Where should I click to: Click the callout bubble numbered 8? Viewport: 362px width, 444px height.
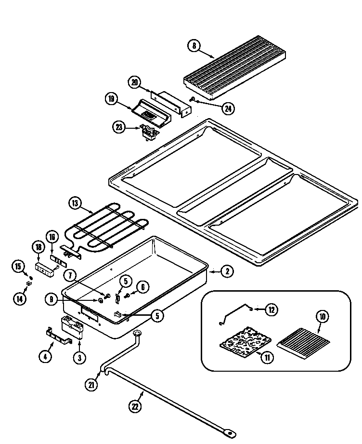point(194,46)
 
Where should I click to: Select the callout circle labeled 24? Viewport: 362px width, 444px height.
point(229,108)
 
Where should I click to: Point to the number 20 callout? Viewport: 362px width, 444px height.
point(135,82)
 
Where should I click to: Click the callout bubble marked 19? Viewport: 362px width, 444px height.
point(112,99)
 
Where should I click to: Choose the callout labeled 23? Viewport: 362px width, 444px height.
point(119,128)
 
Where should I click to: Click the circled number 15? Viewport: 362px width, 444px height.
point(18,266)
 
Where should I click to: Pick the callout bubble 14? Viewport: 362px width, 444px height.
point(19,299)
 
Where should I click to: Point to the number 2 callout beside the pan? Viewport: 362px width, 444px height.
point(227,271)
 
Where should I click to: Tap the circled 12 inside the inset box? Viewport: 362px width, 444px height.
point(271,310)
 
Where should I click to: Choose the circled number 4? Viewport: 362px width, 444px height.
point(46,357)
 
